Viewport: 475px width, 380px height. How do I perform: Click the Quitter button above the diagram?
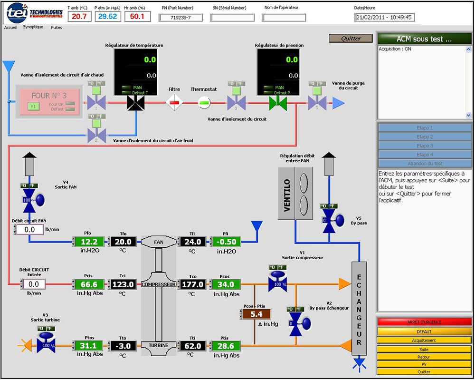(351, 39)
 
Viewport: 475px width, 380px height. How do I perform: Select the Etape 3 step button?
(425, 146)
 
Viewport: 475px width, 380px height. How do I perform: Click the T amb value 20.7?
(79, 17)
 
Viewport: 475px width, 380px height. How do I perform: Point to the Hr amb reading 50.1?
(137, 17)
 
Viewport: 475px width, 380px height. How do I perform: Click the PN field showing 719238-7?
(180, 18)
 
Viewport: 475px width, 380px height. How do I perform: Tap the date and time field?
(385, 18)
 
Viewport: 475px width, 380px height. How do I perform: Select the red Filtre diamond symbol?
(174, 102)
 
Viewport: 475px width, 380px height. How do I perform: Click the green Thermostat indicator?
(204, 102)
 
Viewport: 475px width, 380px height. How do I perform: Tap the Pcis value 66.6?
(89, 284)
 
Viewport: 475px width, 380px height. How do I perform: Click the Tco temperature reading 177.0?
(192, 284)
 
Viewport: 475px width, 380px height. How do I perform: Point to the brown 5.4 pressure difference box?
(256, 314)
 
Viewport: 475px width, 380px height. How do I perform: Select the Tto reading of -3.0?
(123, 345)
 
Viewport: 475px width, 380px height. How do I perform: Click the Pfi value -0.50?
(226, 242)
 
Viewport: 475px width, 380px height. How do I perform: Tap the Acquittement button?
(425, 340)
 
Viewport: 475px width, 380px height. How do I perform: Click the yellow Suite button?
(425, 349)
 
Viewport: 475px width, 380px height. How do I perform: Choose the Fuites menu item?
(57, 28)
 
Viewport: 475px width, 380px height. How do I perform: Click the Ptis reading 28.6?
(226, 345)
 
